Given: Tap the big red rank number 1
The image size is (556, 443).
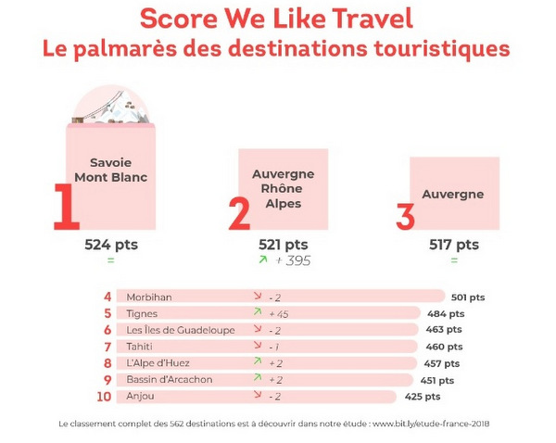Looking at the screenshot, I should tap(64, 207).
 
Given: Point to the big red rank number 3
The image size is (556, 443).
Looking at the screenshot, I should tap(405, 216).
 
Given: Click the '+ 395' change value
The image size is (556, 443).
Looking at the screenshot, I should tap(292, 261).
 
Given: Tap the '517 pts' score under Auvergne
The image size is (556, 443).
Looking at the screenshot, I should tap(454, 246).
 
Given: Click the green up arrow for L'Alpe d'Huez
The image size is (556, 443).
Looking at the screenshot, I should tap(257, 362).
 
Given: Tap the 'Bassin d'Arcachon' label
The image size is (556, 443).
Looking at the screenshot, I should tap(170, 380).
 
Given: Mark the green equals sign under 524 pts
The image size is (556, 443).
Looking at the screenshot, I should tap(111, 261).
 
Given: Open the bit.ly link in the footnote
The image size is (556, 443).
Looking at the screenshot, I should tap(431, 424).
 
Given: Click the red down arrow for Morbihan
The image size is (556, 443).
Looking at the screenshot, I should tap(257, 297).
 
